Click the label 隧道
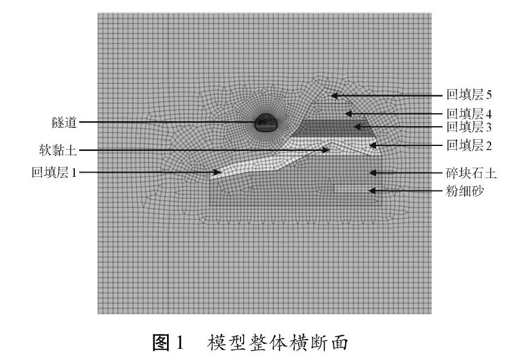[65, 122]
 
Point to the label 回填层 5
[469, 95]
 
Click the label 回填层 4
[469, 114]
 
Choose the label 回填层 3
[469, 127]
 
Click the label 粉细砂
[466, 192]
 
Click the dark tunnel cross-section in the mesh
[267, 122]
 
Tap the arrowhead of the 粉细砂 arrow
[371, 191]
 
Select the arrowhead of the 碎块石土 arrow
[371, 173]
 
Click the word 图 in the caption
[162, 340]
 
